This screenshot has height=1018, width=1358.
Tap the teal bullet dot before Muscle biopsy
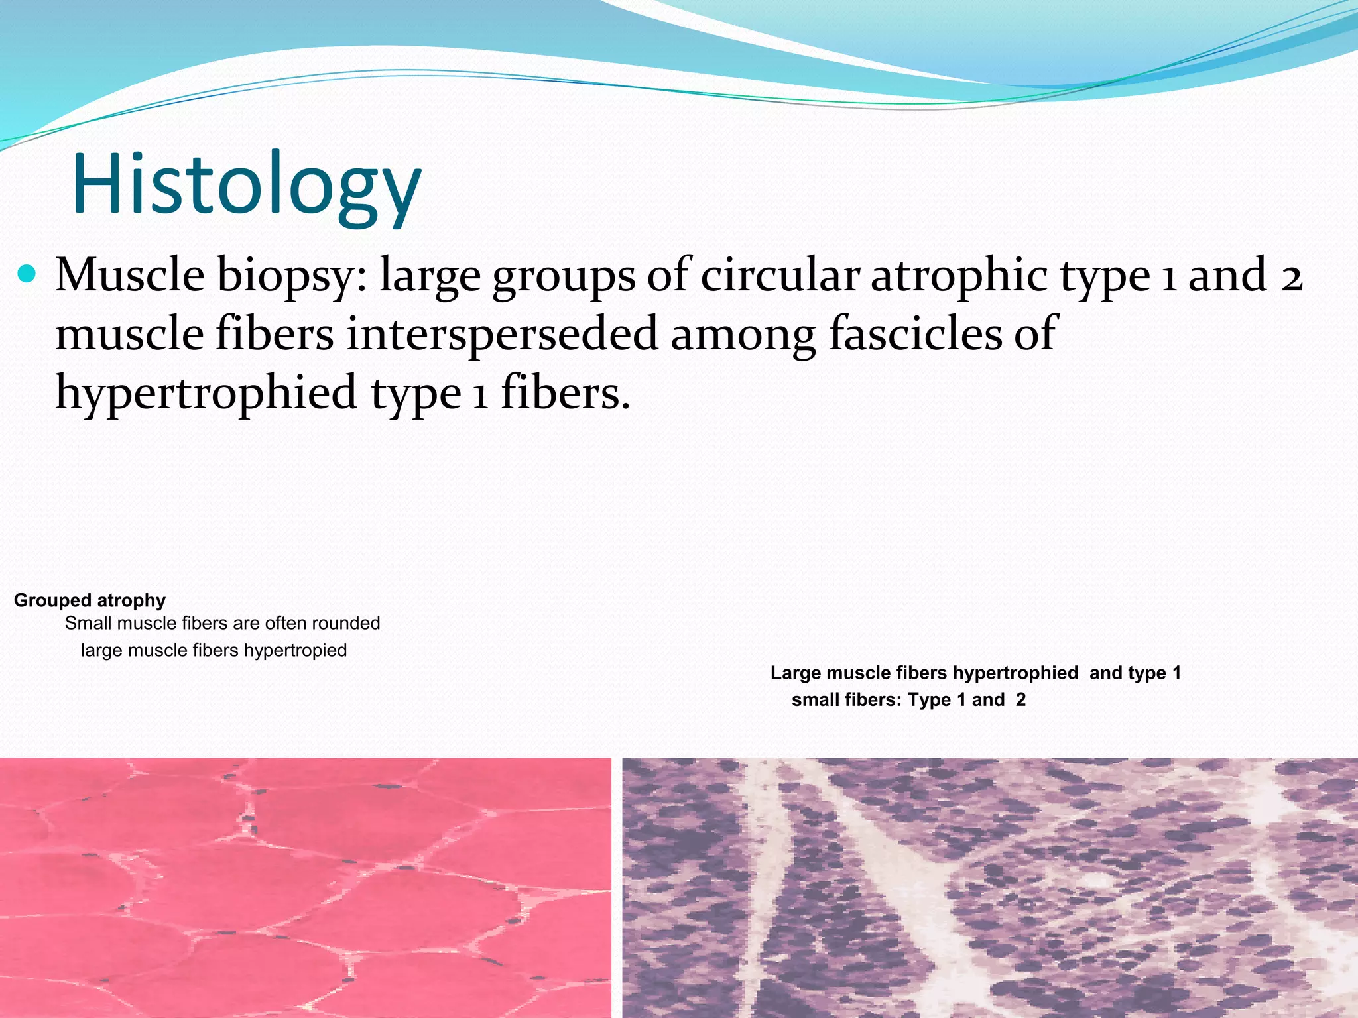point(27,274)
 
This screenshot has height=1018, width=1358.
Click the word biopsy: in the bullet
point(292,276)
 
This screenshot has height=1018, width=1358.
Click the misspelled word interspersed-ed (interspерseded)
point(502,333)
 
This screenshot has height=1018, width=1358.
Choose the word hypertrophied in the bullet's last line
point(206,393)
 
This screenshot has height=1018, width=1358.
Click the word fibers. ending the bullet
point(564,392)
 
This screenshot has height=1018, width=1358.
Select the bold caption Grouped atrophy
point(90,600)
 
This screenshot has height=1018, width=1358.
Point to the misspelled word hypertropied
point(295,650)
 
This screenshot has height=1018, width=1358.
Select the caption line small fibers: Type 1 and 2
point(908,700)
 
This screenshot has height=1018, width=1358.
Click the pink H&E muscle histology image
point(305,888)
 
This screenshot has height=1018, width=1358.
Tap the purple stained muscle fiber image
point(989,888)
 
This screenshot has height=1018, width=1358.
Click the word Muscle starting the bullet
point(130,275)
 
